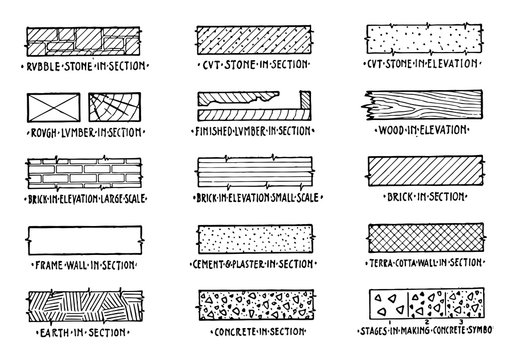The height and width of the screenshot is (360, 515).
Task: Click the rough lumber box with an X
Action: click(50, 108)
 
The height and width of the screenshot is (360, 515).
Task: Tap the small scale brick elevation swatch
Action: click(258, 173)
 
